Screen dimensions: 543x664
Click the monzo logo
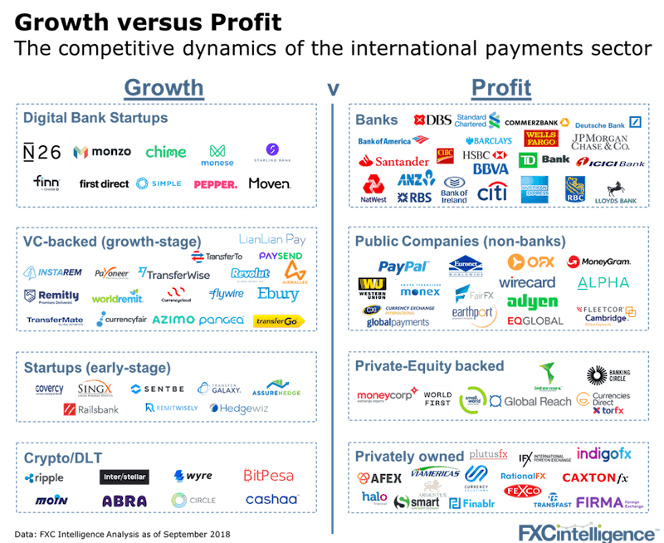[x=100, y=153]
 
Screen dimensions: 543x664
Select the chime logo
[x=165, y=152]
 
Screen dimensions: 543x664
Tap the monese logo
[x=217, y=154]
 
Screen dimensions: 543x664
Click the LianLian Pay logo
[x=271, y=239]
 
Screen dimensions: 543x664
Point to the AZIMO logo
[x=173, y=320]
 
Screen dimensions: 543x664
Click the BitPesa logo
[x=268, y=475]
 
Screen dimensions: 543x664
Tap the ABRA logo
[x=124, y=501]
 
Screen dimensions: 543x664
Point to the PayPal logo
[x=403, y=267]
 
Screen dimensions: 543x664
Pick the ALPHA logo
[x=603, y=282]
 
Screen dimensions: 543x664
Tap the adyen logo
[x=532, y=301]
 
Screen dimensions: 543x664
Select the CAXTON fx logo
[x=595, y=477]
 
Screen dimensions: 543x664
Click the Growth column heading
[x=164, y=87]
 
